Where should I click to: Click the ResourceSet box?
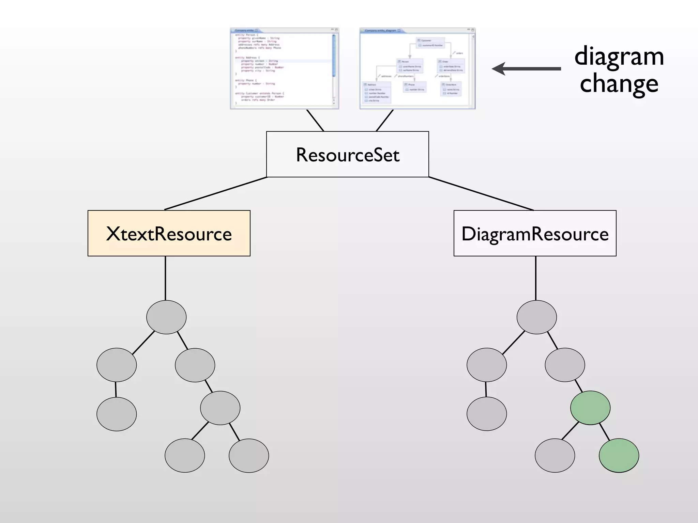click(347, 154)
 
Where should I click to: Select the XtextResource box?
click(169, 233)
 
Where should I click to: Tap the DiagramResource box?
click(535, 233)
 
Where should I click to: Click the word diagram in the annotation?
click(619, 56)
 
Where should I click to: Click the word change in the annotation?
click(619, 84)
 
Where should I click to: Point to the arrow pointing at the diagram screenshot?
click(527, 69)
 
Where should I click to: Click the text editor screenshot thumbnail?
click(284, 68)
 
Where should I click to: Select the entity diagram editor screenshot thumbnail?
click(417, 68)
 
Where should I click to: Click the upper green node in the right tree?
click(590, 408)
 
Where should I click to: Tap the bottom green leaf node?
click(619, 456)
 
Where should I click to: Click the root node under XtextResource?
click(166, 317)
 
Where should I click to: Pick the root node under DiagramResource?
click(536, 317)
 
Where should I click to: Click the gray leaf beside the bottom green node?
click(555, 456)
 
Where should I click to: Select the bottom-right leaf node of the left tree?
click(249, 456)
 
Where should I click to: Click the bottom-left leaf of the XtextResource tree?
click(117, 414)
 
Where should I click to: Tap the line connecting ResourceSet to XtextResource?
click(216, 193)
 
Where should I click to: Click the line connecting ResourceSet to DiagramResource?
click(481, 193)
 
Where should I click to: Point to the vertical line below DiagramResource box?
click(536, 278)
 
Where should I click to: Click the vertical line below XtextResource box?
click(165, 278)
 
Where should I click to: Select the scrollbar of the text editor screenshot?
click(334, 56)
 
